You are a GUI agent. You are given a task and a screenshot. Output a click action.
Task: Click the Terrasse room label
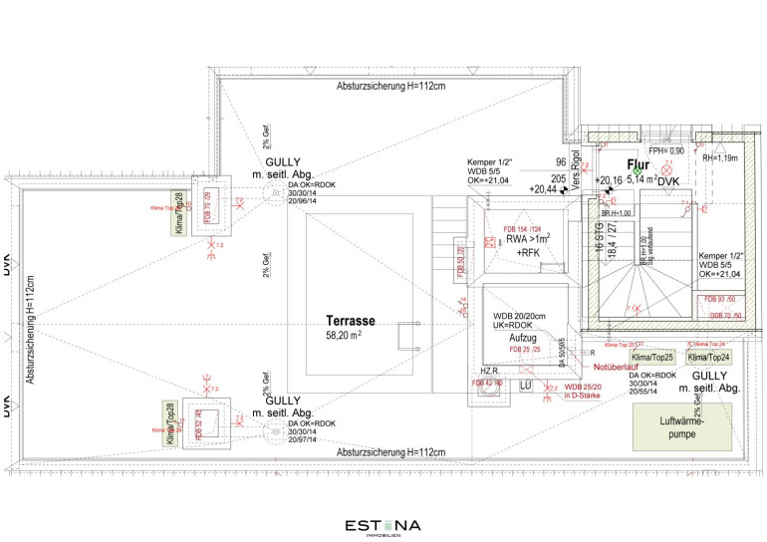350,322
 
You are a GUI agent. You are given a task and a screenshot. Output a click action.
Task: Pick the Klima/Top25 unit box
652,358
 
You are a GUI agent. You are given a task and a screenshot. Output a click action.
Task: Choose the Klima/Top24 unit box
707,358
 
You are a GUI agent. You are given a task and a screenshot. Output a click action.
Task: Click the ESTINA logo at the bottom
383,526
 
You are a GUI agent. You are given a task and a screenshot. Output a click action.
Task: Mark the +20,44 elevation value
544,188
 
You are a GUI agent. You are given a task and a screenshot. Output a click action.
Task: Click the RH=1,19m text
719,157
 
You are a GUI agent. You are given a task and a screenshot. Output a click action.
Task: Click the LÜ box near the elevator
526,386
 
